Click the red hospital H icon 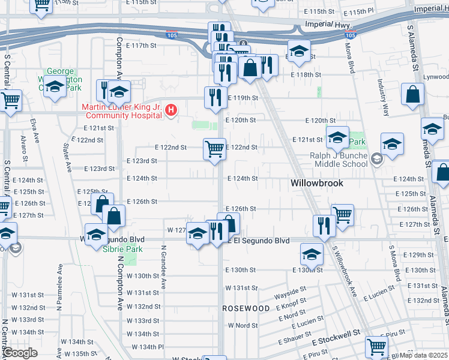coord(172,110)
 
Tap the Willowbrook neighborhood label coord(316,182)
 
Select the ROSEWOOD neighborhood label coord(246,308)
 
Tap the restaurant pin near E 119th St coord(214,97)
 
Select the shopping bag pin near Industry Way coord(413,94)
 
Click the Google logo coord(20,353)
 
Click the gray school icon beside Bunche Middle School coord(377,159)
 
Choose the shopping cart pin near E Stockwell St coord(376,346)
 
